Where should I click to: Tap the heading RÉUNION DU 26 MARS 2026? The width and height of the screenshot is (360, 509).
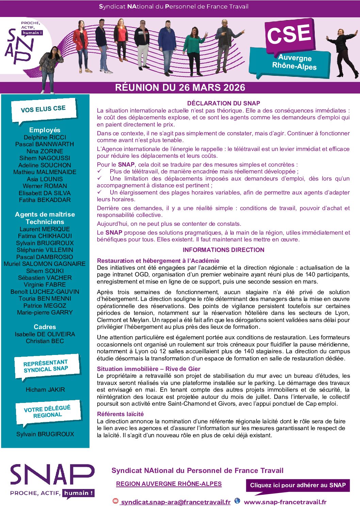click(180, 88)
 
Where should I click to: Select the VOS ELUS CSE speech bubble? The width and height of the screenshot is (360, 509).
click(43, 109)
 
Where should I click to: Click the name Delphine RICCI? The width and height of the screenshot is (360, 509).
click(45, 137)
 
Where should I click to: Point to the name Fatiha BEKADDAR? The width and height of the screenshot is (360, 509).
click(45, 200)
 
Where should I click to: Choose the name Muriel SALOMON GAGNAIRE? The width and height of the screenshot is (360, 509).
click(45, 264)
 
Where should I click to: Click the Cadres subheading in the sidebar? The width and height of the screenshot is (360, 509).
click(45, 327)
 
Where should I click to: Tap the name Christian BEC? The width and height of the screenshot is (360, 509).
click(45, 341)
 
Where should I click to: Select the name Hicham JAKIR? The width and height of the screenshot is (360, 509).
click(45, 390)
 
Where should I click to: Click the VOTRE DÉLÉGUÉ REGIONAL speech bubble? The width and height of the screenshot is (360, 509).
click(48, 412)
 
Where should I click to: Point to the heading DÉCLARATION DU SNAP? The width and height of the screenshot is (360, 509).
click(224, 103)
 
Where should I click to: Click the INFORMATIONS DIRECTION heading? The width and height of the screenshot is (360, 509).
click(224, 250)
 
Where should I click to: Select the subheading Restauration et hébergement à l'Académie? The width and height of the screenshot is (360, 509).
click(158, 261)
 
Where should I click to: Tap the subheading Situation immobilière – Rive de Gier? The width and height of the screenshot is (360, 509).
click(149, 369)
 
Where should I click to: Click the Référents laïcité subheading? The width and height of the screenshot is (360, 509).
click(120, 414)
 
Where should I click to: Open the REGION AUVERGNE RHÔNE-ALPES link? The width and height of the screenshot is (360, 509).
click(169, 484)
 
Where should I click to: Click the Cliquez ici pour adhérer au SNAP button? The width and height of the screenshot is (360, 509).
click(298, 485)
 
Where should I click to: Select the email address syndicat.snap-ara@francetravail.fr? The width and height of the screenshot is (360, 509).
click(176, 502)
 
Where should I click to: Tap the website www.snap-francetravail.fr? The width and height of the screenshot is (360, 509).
click(285, 502)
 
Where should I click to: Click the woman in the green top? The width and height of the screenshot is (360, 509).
click(194, 48)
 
